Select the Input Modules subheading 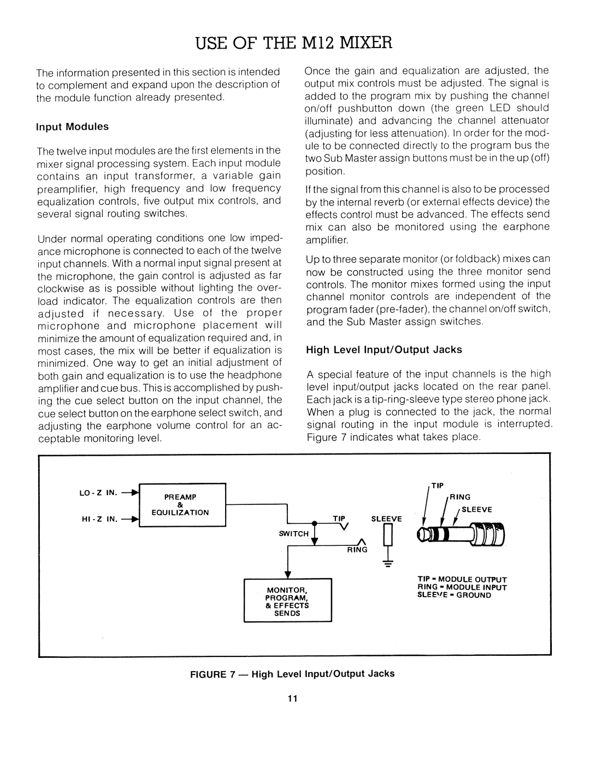pyautogui.click(x=73, y=126)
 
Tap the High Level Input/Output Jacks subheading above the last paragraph pyautogui.click(x=383, y=349)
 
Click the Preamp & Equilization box pyautogui.click(x=184, y=505)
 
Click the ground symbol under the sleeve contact pyautogui.click(x=388, y=566)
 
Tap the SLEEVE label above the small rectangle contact pyautogui.click(x=387, y=517)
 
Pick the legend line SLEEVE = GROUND pyautogui.click(x=455, y=595)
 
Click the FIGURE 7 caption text pyautogui.click(x=292, y=674)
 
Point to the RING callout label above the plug pyautogui.click(x=461, y=497)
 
